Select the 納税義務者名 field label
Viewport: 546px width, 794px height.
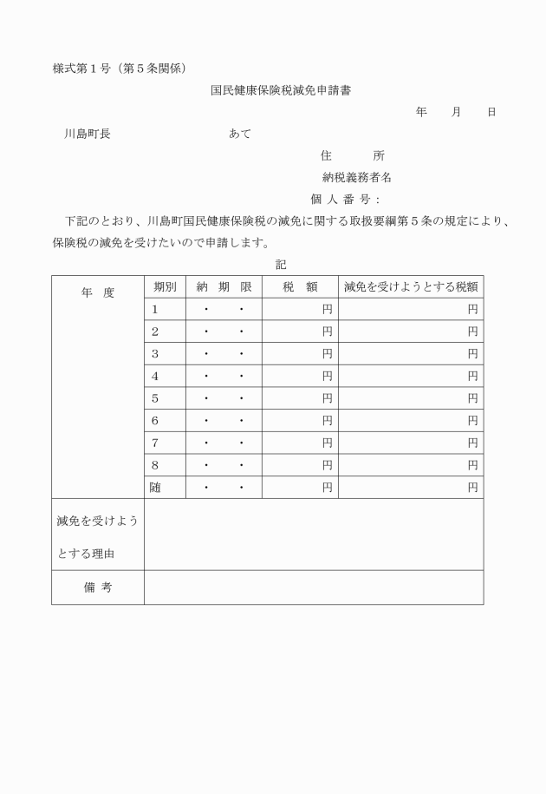[x=356, y=177]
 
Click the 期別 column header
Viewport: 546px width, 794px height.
[x=165, y=286]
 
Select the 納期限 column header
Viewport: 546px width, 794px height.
[x=224, y=286]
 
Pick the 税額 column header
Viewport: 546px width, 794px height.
[x=299, y=286]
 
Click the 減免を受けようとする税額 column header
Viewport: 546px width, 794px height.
[x=410, y=286]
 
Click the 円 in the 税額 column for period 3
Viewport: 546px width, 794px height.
[x=328, y=354]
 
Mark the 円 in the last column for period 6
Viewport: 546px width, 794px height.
[x=473, y=421]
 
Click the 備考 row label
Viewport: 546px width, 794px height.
[x=97, y=587]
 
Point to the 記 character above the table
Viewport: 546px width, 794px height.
[x=280, y=263]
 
